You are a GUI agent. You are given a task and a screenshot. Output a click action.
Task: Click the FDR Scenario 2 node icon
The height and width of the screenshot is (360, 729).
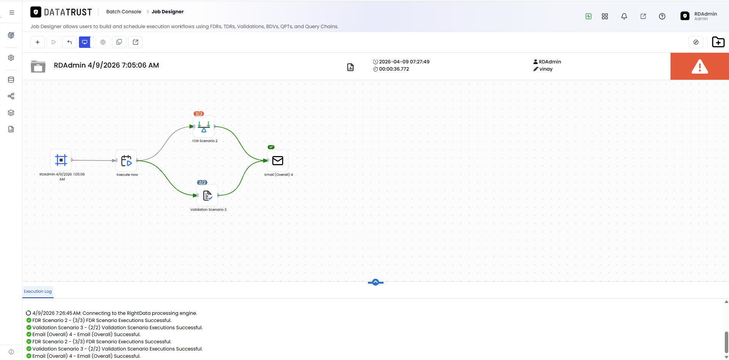click(x=204, y=126)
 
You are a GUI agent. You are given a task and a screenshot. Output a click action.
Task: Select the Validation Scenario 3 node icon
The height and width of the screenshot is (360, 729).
click(x=207, y=195)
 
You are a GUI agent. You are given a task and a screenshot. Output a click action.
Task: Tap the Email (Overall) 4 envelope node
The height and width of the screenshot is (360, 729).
click(x=278, y=161)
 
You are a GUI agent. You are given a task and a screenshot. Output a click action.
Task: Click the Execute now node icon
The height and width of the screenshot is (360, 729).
click(x=126, y=161)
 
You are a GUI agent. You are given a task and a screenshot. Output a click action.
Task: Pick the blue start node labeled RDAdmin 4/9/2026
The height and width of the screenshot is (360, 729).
click(x=61, y=160)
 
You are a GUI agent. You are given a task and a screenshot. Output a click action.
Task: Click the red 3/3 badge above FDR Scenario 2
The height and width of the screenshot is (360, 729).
click(x=199, y=114)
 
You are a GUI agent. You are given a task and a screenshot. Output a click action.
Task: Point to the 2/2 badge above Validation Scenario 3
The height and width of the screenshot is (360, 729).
click(x=202, y=182)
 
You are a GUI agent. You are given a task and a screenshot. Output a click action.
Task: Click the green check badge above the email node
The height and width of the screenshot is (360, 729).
click(x=271, y=147)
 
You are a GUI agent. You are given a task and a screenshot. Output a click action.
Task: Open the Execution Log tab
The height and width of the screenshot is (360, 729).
click(x=38, y=291)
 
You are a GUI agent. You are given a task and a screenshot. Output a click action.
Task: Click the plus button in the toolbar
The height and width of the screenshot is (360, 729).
click(x=38, y=42)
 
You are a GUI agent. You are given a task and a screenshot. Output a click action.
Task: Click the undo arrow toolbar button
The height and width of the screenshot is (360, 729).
click(x=69, y=42)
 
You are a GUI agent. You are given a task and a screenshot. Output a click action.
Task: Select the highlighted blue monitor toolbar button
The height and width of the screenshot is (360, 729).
click(x=85, y=42)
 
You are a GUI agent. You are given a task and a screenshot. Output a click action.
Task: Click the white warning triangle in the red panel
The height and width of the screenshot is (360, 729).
click(x=700, y=66)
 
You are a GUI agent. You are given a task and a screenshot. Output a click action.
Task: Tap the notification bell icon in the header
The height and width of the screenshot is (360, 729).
click(x=624, y=16)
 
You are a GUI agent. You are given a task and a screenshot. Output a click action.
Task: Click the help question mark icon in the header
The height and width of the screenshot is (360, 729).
click(x=662, y=16)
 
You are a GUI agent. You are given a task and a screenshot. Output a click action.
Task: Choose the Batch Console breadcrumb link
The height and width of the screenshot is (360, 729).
click(x=124, y=12)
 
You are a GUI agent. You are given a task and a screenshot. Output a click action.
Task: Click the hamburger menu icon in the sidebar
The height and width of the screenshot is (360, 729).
click(x=12, y=13)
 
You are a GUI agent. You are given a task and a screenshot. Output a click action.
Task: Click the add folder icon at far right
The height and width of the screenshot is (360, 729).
click(x=718, y=42)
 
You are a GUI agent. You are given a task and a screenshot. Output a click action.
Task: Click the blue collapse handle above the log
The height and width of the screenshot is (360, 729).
click(x=376, y=282)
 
